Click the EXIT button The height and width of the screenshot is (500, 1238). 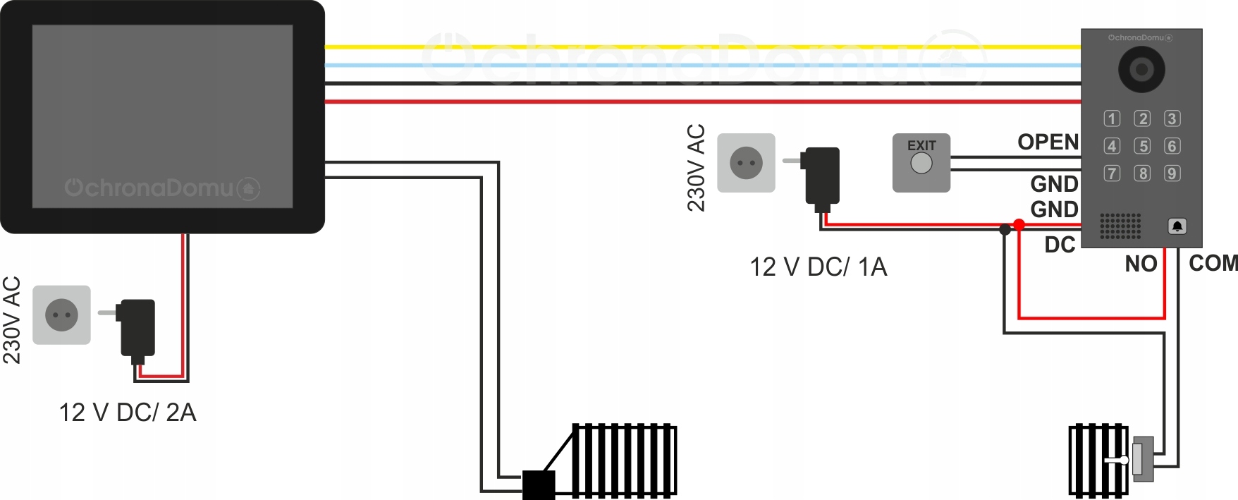(x=921, y=163)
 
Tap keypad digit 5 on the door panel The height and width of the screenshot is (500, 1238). (x=1142, y=146)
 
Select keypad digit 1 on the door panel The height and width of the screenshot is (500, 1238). (x=1112, y=118)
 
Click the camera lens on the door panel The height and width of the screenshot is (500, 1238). (x=1141, y=69)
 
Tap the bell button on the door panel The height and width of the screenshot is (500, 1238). (x=1177, y=226)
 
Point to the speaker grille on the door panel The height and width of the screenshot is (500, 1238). (x=1120, y=226)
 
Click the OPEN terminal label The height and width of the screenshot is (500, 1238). (x=1048, y=142)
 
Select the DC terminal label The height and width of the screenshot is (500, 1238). (x=1060, y=245)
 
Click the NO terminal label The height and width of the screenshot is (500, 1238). (x=1141, y=264)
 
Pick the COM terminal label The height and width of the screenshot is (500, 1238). (x=1213, y=263)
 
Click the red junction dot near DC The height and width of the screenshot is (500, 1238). (x=1019, y=225)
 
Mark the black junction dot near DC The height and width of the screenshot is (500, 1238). (x=1005, y=230)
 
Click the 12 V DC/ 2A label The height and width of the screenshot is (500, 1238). (x=128, y=413)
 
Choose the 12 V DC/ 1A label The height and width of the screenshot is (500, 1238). (x=818, y=267)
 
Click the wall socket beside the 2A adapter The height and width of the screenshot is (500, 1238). (x=61, y=315)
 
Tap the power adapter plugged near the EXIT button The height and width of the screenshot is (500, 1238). (x=822, y=175)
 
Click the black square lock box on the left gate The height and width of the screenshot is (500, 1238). (x=539, y=485)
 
